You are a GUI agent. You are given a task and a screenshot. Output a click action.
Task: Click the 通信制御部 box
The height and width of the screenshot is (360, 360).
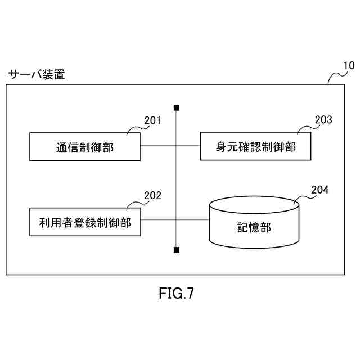84,147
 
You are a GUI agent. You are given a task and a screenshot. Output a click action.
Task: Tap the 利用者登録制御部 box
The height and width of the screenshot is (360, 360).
84,222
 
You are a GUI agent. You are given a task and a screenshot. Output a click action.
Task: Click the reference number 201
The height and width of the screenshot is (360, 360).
152,120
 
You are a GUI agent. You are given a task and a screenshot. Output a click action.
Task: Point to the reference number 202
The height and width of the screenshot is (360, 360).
152,196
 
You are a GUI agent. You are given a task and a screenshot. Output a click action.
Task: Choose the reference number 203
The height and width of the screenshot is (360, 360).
323,119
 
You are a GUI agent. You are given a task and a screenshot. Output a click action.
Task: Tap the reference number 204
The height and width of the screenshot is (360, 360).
319,190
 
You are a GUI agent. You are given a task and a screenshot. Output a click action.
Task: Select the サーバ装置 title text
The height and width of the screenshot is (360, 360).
36,74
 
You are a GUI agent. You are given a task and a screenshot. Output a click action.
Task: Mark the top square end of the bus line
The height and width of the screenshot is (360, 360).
177,107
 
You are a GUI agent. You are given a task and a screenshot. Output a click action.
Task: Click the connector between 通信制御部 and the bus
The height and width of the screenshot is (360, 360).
158,145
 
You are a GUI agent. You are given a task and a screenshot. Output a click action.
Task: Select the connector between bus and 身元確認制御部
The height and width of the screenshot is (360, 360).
188,145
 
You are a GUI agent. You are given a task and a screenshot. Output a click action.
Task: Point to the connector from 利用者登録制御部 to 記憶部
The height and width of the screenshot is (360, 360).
174,220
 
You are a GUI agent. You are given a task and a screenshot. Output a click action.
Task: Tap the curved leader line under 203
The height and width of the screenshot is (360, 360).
304,129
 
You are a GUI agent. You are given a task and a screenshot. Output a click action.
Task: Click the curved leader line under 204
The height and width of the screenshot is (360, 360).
303,197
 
